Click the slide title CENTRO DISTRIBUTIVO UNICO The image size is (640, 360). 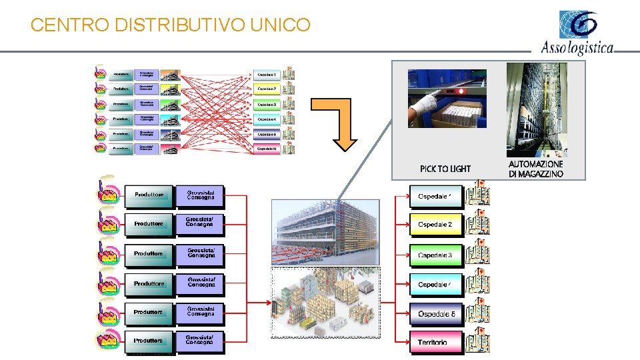[x=171, y=25]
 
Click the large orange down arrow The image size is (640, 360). [x=335, y=127]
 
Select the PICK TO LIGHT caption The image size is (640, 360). [x=445, y=169]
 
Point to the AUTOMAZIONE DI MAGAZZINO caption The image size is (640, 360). [x=535, y=169]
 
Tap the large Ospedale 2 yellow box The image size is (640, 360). [x=435, y=225]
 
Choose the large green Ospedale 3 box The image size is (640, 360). [x=435, y=255]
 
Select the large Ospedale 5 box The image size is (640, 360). [x=435, y=313]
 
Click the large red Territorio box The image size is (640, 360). [x=435, y=342]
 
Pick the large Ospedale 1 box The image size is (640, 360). [x=435, y=196]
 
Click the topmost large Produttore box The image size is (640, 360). [x=149, y=195]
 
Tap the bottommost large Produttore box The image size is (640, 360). [x=149, y=341]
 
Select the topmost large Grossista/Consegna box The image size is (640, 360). [x=201, y=195]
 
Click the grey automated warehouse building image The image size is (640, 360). [x=325, y=231]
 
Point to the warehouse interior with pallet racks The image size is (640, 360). [x=325, y=303]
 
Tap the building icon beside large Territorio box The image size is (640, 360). [x=477, y=339]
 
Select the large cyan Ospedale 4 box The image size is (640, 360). [x=435, y=285]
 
